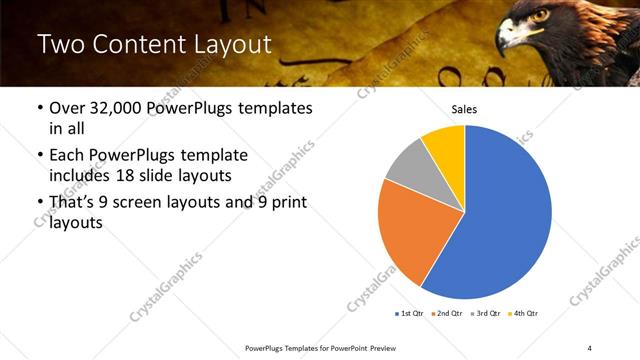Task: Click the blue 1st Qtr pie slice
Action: click(x=500, y=220)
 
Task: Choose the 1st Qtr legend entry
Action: click(x=410, y=314)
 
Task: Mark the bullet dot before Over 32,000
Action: click(x=39, y=108)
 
